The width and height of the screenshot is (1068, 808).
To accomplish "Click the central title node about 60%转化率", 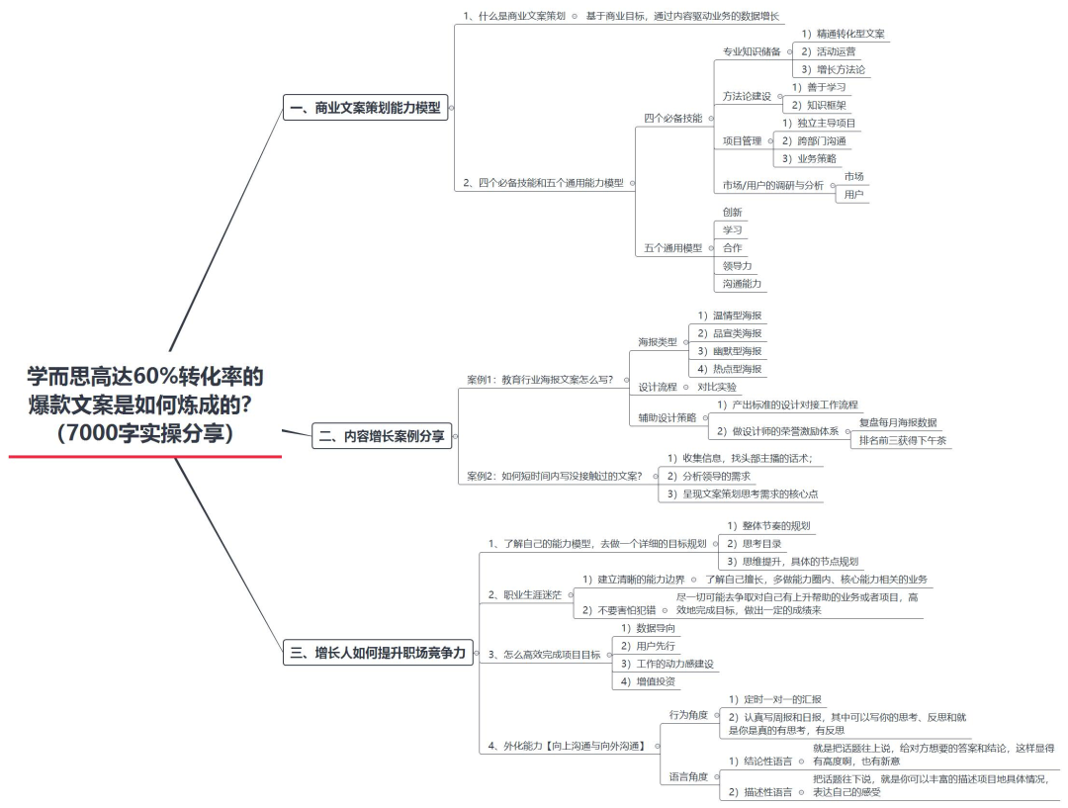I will pos(145,404).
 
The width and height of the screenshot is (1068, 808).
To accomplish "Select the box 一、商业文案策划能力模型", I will pos(365,108).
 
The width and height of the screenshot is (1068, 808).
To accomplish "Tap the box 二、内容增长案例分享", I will pos(381,434).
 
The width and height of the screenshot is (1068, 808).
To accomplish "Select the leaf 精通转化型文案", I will pos(844,34).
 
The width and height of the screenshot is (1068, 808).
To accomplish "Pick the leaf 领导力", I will pos(737,266).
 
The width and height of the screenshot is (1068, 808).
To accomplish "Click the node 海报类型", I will pos(658,342).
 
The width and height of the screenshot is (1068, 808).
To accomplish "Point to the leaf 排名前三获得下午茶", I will pos(903,440).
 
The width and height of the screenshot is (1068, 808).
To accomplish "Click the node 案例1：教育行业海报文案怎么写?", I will pos(540,379).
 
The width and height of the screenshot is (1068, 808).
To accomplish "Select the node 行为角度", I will pos(688,714).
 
